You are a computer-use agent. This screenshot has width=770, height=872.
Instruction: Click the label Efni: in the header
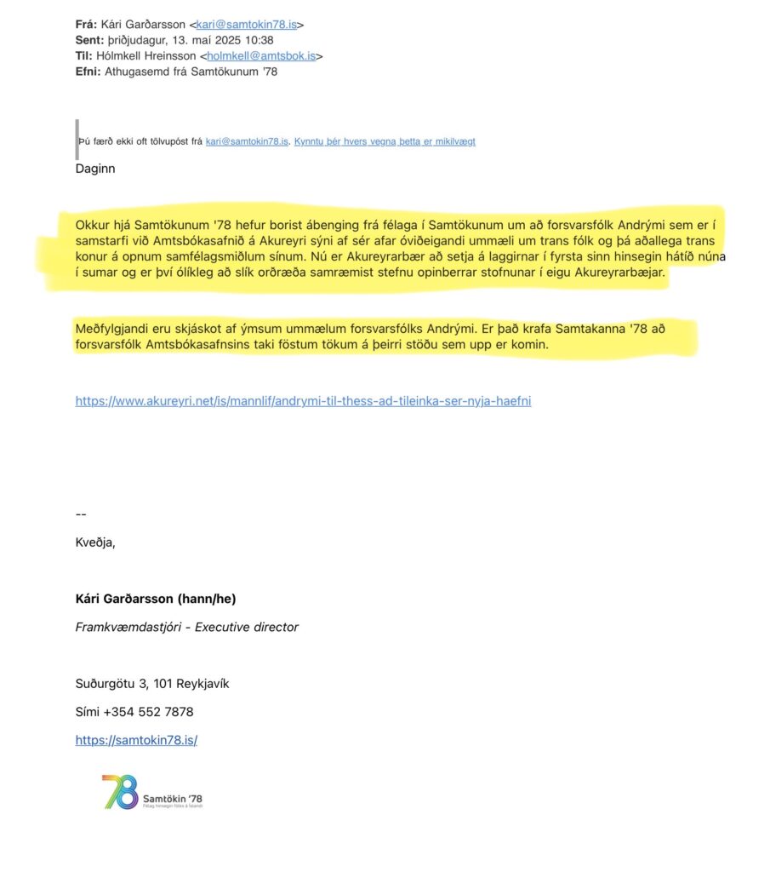[88, 71]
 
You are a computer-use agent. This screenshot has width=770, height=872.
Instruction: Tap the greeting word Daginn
[94, 169]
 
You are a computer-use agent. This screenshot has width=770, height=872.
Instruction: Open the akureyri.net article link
[303, 400]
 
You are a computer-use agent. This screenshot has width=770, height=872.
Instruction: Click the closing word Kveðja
[94, 542]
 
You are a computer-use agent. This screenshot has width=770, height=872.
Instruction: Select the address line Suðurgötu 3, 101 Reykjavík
[152, 684]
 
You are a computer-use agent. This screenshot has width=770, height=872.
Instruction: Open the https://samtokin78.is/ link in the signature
[136, 740]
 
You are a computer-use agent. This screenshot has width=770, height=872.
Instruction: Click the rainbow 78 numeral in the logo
[120, 792]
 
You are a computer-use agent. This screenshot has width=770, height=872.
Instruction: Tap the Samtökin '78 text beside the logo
[174, 798]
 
